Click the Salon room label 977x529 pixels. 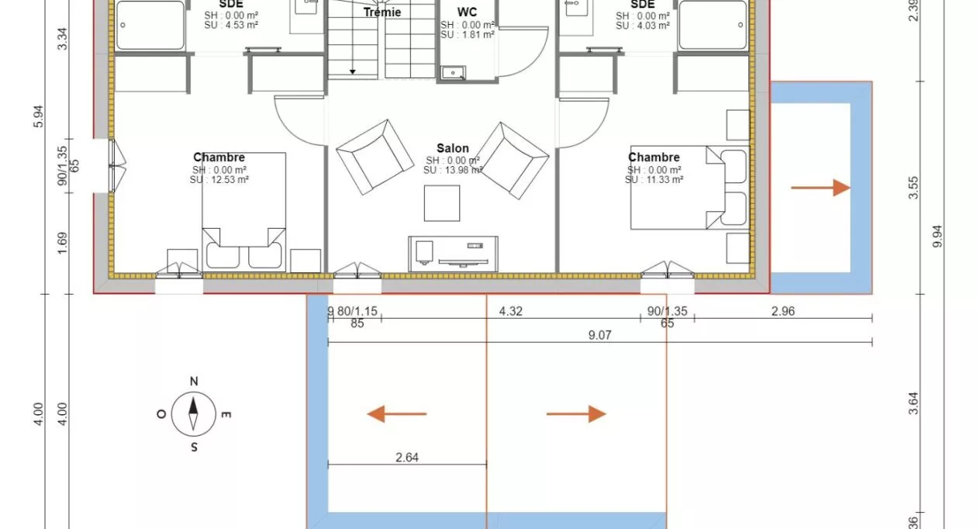click(453, 148)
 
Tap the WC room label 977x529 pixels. click(467, 12)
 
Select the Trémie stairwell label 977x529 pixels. click(382, 12)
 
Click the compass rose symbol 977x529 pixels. click(194, 414)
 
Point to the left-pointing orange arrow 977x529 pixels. click(397, 414)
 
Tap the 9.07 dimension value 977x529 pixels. click(601, 336)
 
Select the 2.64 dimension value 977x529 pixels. click(407, 458)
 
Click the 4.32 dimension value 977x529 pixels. click(510, 311)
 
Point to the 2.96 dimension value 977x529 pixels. click(783, 311)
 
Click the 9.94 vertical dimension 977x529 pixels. click(938, 233)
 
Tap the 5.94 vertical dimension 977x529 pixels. click(40, 116)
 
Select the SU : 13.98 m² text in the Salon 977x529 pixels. click(453, 171)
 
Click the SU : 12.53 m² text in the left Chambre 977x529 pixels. click(219, 180)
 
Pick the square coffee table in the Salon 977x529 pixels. click(442, 203)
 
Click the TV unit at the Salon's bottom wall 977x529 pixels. click(454, 253)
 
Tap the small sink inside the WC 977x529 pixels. click(453, 74)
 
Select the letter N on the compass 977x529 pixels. click(194, 381)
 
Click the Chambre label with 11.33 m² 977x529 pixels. click(654, 157)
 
